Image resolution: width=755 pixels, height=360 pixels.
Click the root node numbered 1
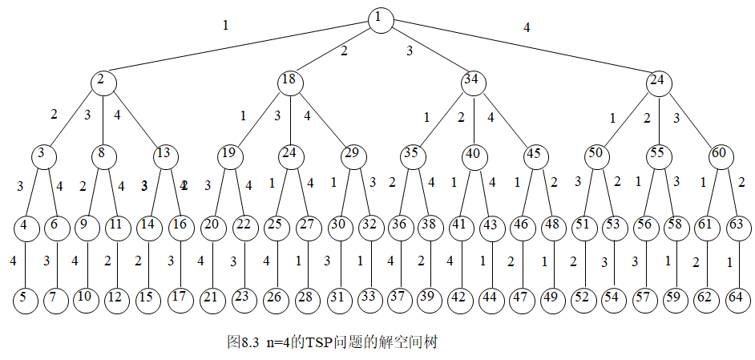(381, 20)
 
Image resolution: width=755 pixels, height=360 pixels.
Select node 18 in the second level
(289, 81)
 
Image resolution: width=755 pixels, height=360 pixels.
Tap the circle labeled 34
(472, 81)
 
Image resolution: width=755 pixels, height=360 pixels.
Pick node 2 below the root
(103, 81)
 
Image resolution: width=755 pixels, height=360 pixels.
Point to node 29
(353, 154)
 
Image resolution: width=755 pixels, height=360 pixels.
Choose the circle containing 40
(474, 154)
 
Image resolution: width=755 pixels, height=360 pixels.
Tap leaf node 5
(26, 297)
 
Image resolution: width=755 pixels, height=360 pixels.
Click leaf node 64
(734, 297)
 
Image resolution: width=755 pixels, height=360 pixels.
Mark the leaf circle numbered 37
(399, 297)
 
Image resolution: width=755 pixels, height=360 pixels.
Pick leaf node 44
(491, 297)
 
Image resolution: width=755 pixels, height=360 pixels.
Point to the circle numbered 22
(244, 226)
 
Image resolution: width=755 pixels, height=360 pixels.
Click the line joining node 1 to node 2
(240, 51)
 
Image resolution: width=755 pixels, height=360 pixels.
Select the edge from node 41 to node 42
(460, 262)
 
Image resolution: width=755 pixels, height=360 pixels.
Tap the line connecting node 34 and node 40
(473, 117)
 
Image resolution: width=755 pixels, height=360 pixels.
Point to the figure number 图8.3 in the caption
(243, 342)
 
